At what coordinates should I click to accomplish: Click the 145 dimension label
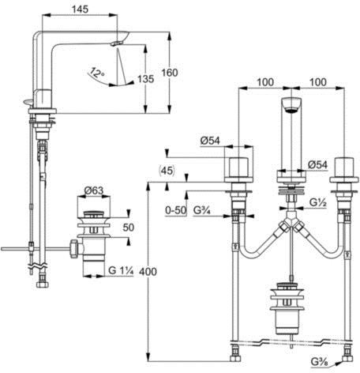point(80,9)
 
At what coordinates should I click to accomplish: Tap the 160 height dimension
point(170,73)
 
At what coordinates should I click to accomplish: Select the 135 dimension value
point(146,79)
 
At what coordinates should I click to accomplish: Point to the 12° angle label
point(96,72)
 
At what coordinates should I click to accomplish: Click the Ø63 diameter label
point(94,190)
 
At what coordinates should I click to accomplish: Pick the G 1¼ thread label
point(121,270)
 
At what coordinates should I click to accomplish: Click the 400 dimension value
point(148,272)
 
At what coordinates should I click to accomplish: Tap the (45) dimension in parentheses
point(167,171)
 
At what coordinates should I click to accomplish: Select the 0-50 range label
point(175,210)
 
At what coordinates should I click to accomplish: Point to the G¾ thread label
point(202,210)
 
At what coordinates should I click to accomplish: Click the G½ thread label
point(318,202)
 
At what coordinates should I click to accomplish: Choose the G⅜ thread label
point(320,362)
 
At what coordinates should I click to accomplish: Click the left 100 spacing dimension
point(265,82)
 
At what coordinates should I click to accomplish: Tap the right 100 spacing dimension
point(318,82)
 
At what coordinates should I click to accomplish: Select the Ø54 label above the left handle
point(210,141)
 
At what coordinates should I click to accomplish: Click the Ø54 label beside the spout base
point(318,165)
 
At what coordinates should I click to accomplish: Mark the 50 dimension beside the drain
point(129,228)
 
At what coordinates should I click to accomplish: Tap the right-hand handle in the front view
point(344,170)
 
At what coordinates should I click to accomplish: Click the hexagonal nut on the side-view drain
point(74,249)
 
